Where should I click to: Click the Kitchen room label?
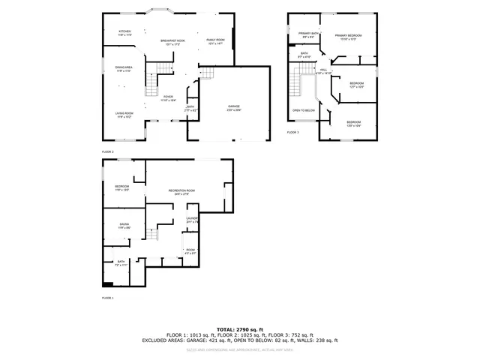tap(124, 32)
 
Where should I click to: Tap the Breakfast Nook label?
tap(173, 42)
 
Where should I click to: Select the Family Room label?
tap(215, 41)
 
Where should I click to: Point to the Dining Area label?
tap(124, 69)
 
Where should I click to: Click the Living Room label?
tap(124, 114)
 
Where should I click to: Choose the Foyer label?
tap(169, 97)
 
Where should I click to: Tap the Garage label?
tap(234, 107)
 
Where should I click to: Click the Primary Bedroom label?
tap(348, 37)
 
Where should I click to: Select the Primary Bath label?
tap(307, 34)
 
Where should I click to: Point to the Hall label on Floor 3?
tap(323, 70)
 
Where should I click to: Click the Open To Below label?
tap(304, 110)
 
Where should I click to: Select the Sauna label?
tap(124, 225)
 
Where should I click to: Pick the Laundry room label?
tap(192, 220)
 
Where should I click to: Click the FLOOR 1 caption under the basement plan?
tap(107, 298)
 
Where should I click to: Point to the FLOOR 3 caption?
tap(292, 132)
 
